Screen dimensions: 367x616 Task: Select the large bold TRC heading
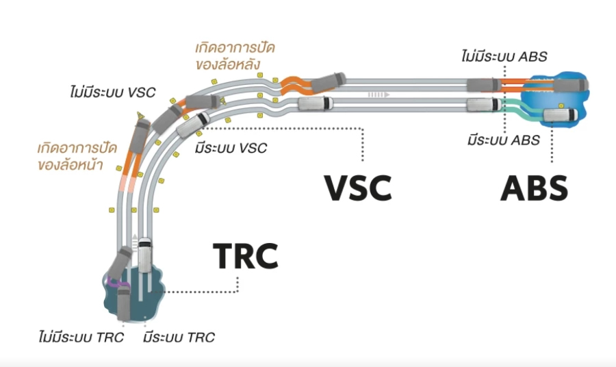[x=246, y=255]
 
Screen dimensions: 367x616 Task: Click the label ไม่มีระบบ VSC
[x=113, y=91]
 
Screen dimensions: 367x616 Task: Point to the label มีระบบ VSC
[x=231, y=147]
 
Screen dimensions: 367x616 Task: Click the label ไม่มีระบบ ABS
[x=504, y=56]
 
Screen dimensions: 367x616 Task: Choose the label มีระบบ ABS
[x=504, y=140]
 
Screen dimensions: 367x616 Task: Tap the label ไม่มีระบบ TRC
[x=81, y=337]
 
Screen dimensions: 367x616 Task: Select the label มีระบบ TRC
[x=179, y=337]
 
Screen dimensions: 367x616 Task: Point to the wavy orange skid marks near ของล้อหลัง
[x=295, y=84]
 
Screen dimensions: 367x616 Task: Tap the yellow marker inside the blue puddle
[x=560, y=105]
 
